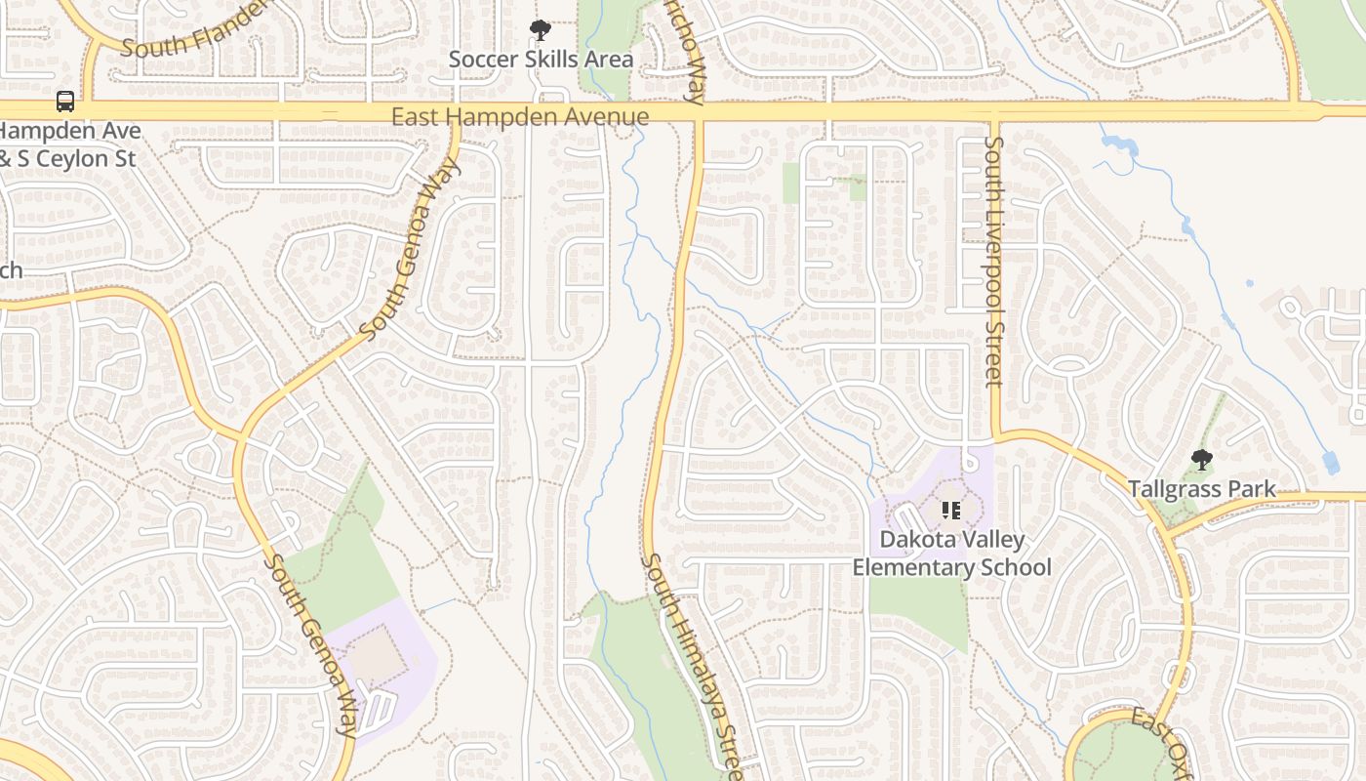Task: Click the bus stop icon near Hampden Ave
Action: pos(64,102)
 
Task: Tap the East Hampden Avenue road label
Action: pos(519,117)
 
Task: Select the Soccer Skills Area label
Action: pos(541,60)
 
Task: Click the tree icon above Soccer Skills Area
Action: pos(540,31)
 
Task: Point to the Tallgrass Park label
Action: pos(1201,489)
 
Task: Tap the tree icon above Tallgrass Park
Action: pos(1202,460)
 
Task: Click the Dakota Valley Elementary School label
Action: pos(951,553)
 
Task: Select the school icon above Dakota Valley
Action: pos(951,510)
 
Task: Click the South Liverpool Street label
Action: pos(993,261)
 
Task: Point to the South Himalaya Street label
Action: pos(699,664)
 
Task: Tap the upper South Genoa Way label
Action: pos(410,250)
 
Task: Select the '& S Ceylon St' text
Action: pos(66,158)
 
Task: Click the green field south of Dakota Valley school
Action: pos(917,610)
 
